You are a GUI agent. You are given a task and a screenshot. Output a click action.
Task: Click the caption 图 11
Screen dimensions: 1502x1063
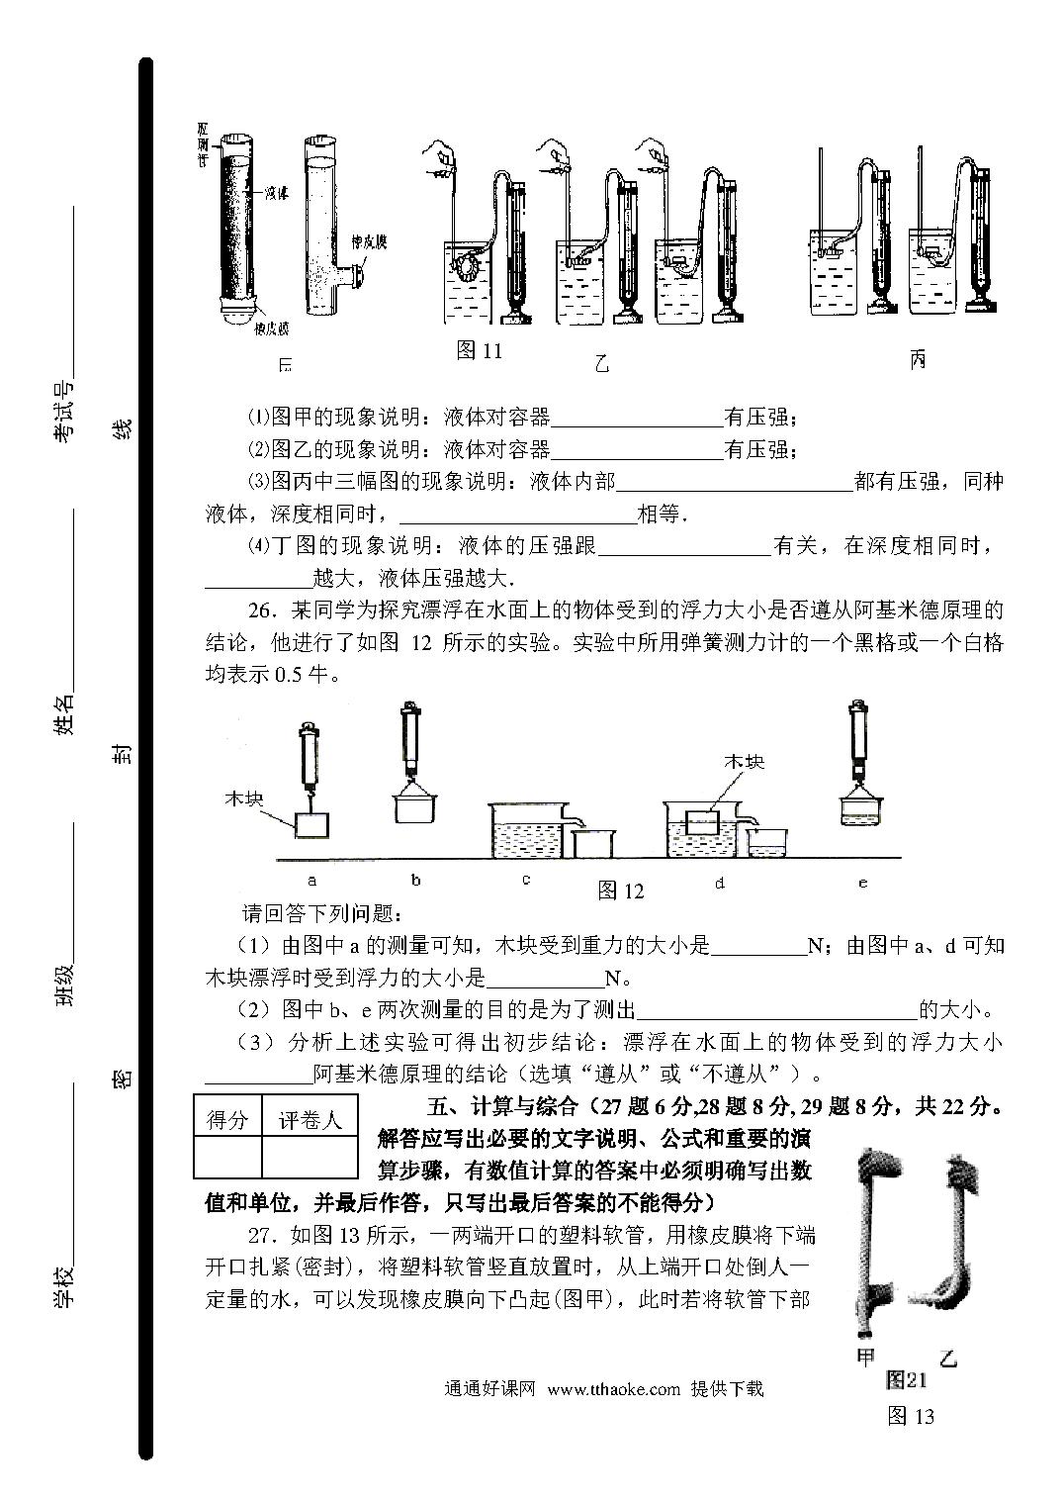480,350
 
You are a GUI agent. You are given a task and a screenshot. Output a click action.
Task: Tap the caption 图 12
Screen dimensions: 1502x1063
621,891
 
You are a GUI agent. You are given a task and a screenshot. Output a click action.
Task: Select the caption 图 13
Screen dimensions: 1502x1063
911,1415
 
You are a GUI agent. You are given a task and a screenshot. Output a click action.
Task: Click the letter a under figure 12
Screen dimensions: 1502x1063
312,879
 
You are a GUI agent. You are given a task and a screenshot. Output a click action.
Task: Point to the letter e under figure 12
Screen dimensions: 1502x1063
862,882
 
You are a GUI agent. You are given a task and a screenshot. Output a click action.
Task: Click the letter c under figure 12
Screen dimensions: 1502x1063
526,879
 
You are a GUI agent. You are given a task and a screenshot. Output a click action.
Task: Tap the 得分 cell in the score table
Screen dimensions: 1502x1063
226,1120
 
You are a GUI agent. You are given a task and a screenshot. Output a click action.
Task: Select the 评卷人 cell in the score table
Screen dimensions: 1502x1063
309,1120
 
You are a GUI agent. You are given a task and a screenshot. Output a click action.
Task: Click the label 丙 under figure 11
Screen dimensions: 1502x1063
917,360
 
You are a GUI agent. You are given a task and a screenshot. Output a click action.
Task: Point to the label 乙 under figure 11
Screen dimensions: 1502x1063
601,363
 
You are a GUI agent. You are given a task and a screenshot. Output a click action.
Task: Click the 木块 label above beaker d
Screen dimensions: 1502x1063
744,761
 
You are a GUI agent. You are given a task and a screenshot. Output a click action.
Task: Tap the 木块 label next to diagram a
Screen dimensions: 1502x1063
244,798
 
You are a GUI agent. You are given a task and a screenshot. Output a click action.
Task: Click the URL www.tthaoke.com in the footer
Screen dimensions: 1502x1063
613,1388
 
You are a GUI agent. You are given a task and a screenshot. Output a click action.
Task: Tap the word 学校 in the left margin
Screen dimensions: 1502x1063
64,1285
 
